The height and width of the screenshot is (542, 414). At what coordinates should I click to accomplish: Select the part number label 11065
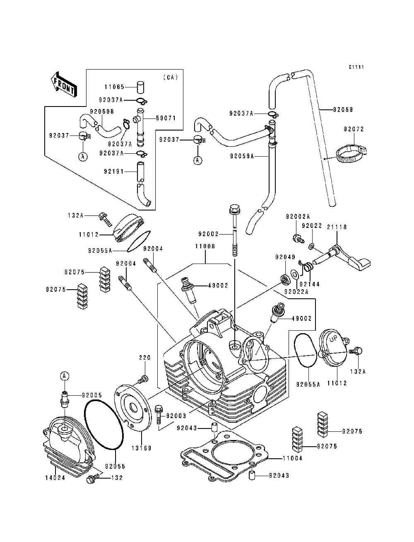(114, 87)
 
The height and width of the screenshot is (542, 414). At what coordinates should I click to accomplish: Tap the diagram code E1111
(356, 67)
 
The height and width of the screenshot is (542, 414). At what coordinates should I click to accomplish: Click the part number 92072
(354, 129)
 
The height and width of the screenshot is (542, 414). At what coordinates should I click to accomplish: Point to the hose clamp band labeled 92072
(351, 153)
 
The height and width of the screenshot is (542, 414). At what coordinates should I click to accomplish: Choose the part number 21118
(337, 227)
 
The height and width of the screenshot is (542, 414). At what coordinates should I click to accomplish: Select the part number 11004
(292, 458)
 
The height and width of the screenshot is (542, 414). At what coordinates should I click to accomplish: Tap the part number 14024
(55, 478)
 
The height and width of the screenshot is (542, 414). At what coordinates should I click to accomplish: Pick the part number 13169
(142, 448)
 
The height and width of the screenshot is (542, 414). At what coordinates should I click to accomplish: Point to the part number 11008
(205, 246)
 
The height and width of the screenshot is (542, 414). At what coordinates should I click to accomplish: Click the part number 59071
(166, 118)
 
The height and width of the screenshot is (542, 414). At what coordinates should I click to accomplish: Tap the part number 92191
(114, 171)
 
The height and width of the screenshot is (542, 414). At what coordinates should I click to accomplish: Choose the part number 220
(144, 358)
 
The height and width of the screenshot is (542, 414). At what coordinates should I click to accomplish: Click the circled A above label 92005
(64, 376)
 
